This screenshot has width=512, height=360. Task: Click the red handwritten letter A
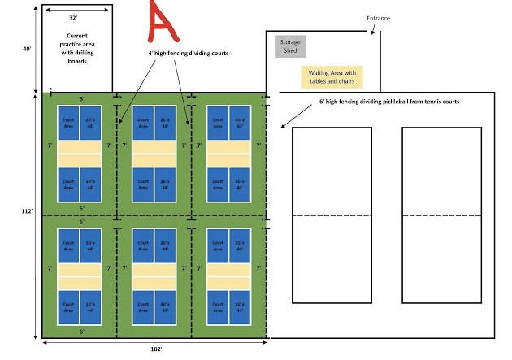(164, 23)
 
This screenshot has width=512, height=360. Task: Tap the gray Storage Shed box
(289, 46)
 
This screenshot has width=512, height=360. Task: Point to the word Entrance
(379, 17)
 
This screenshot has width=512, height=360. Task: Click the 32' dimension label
(74, 17)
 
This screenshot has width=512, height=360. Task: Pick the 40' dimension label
(27, 49)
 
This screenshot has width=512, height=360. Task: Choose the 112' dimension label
(27, 211)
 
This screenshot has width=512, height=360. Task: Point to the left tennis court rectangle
(332, 215)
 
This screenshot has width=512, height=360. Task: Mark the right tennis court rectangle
(441, 215)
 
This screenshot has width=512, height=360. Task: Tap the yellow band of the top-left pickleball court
(80, 153)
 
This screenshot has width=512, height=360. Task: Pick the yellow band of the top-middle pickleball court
(154, 153)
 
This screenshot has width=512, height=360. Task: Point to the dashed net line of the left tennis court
(332, 215)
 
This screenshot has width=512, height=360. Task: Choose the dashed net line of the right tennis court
(441, 215)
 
